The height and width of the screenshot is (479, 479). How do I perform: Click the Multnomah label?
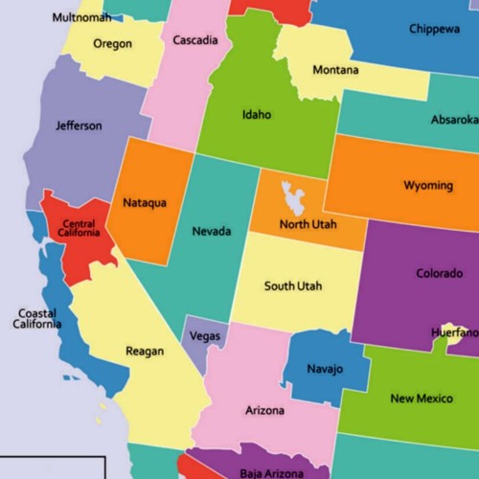(81, 17)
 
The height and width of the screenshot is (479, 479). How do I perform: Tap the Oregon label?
(113, 44)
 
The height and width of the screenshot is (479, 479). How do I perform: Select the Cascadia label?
(195, 40)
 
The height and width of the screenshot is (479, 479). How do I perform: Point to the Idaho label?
(257, 115)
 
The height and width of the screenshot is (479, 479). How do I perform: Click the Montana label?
(336, 70)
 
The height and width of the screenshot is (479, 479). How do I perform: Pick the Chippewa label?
(434, 29)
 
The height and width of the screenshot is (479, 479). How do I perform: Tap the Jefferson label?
(79, 125)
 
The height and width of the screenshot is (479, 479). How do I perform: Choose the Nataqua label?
(145, 203)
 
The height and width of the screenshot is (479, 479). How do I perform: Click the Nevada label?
(211, 232)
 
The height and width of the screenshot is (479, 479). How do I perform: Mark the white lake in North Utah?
(292, 196)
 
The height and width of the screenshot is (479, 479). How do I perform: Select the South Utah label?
(293, 286)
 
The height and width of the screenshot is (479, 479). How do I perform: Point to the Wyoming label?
(428, 185)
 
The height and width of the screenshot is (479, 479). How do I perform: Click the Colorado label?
(439, 274)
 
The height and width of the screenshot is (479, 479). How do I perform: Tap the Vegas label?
(205, 337)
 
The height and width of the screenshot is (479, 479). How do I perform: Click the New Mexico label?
(422, 399)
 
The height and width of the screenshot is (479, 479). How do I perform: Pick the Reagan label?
(145, 352)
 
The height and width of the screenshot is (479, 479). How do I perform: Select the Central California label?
(78, 228)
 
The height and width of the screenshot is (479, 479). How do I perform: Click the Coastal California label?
(36, 319)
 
